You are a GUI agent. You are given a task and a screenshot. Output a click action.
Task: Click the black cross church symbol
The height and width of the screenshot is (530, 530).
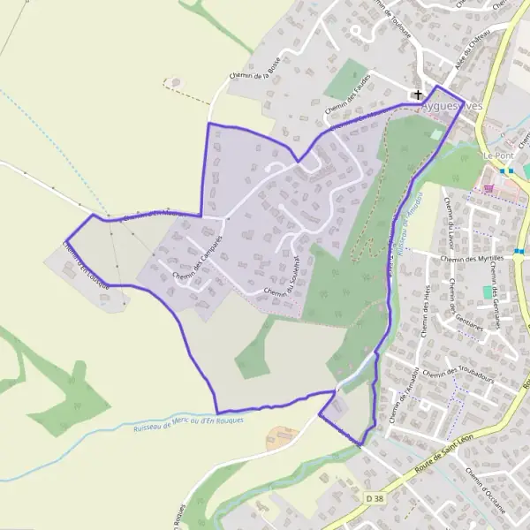pos(417,94)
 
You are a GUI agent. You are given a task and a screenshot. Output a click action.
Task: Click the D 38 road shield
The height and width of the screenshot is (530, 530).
pos(374,500)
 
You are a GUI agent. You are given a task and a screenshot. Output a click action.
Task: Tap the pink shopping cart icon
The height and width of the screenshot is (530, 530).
pos(488,187)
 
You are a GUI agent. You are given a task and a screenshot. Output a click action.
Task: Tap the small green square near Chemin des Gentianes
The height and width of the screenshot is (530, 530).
pos(487,291)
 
